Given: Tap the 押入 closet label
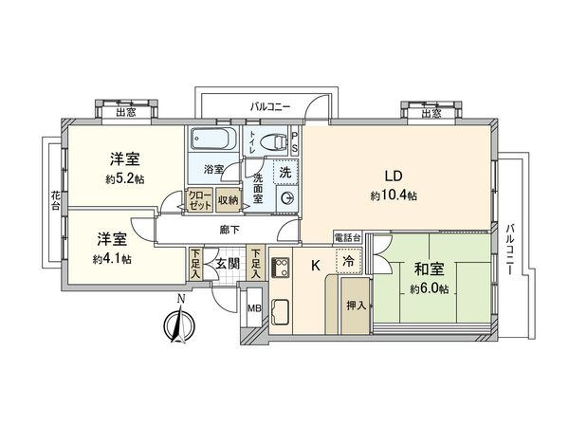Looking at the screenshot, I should (356, 306).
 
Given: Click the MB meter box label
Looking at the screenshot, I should (254, 309).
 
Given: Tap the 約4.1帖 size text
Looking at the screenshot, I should (113, 258).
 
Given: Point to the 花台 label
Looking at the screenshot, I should (56, 200).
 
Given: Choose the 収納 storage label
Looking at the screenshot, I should (227, 199).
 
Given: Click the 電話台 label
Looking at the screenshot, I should (348, 235).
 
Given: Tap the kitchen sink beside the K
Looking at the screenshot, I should (282, 310).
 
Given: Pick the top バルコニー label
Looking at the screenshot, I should (271, 106).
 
